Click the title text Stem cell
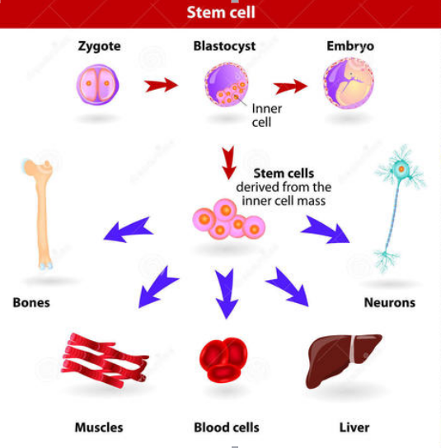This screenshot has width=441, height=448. (221, 12)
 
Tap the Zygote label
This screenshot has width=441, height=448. (99, 46)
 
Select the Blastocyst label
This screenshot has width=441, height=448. (224, 46)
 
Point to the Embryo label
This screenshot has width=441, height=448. (350, 46)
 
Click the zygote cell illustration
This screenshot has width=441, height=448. (97, 85)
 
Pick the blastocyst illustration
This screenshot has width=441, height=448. (226, 84)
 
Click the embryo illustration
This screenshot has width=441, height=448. (349, 83)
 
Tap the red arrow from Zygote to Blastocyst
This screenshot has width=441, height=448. (161, 85)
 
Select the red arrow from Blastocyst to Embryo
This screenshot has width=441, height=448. (290, 86)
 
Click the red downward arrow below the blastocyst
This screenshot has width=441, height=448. (229, 162)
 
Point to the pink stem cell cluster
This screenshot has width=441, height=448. (229, 219)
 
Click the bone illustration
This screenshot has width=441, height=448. (40, 214)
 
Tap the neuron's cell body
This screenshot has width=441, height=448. (401, 170)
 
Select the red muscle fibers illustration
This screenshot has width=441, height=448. (105, 360)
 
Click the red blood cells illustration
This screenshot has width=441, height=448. (223, 360)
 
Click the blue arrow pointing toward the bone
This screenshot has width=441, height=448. (129, 231)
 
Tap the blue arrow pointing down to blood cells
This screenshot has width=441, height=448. (227, 293)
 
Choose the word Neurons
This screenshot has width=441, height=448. (390, 302)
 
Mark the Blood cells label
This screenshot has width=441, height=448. (227, 427)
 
